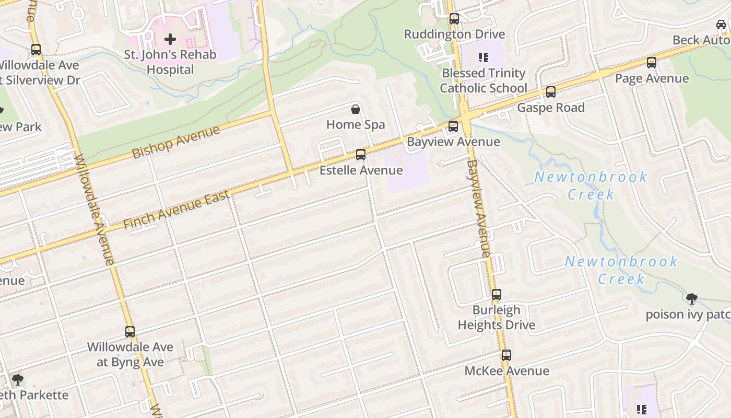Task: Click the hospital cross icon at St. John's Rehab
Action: tap(170, 39)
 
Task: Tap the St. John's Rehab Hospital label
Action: tap(170, 62)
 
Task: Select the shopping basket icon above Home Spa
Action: tap(356, 109)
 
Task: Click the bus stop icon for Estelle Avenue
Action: tap(361, 155)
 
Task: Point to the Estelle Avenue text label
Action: tap(361, 170)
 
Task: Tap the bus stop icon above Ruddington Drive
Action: tap(454, 19)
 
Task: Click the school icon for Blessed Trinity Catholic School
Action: tap(483, 57)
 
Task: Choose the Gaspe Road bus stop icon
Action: tap(551, 92)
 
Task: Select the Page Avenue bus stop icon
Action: tap(652, 63)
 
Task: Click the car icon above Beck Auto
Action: tap(721, 25)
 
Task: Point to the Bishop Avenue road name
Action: tap(176, 142)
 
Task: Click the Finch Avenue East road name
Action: tap(176, 210)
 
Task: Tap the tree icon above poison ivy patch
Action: tap(692, 299)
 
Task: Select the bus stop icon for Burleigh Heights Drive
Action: tap(497, 295)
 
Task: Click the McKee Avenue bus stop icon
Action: tap(506, 356)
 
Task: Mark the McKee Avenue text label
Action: tap(506, 371)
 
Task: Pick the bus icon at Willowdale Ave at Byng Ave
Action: tap(130, 332)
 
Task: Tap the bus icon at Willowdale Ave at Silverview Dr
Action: tap(36, 50)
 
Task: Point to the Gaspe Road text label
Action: tap(551, 108)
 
